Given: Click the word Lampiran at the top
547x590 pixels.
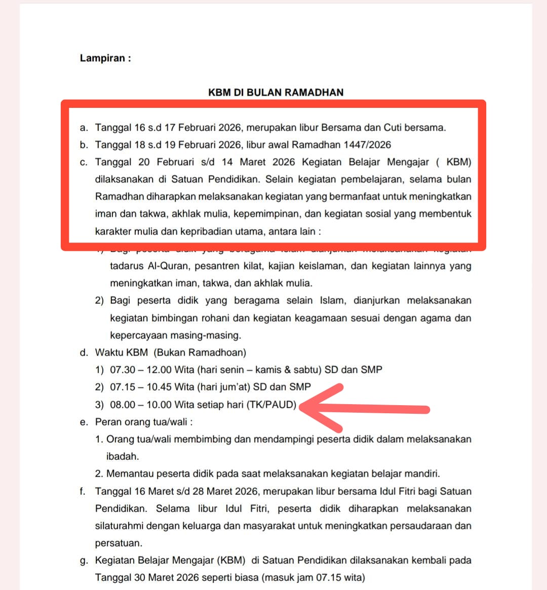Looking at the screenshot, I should (x=102, y=58).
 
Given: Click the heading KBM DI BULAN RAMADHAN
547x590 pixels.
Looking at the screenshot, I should (x=276, y=92).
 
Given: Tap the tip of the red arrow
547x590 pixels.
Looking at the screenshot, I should (x=302, y=407).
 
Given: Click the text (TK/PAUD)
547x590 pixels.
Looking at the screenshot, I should (x=271, y=405).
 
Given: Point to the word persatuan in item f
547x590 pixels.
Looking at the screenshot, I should (x=118, y=543).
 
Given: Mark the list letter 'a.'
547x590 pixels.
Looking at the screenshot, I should (x=84, y=128).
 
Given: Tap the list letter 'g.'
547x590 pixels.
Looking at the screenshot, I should (x=84, y=560).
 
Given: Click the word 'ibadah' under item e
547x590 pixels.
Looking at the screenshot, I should (x=122, y=456).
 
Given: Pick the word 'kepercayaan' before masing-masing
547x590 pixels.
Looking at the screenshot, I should (x=139, y=335).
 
